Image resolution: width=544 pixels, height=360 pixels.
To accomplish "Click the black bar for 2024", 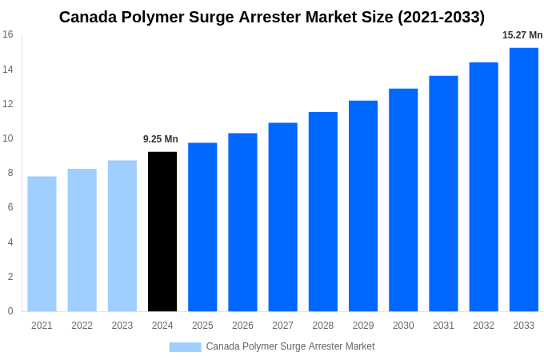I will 162,231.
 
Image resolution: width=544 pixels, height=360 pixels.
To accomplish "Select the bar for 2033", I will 524,179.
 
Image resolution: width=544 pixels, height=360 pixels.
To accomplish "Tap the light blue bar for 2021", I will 42,244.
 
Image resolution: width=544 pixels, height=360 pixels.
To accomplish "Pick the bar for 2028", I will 323,211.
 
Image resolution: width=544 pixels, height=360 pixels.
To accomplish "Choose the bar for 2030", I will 403,200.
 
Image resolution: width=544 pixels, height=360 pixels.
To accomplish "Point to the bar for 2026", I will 242,222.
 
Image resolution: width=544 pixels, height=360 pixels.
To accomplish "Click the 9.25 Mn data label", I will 161,139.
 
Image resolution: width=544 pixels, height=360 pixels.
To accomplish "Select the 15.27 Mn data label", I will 522,35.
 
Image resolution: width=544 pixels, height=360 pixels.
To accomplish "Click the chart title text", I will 272,17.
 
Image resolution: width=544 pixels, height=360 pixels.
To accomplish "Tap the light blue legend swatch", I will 185,346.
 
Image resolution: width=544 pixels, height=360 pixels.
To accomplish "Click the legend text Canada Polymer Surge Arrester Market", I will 290,346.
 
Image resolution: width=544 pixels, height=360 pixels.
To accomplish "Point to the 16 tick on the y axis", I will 8,34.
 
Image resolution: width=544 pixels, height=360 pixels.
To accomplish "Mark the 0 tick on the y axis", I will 10,311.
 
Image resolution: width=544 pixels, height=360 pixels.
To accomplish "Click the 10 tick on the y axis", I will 8,138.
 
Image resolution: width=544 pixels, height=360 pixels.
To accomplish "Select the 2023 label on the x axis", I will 122,326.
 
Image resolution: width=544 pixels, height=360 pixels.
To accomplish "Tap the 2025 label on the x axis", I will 202,326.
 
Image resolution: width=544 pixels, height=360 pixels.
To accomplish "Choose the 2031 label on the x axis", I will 443,326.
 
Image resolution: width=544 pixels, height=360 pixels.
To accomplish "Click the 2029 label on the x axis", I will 363,326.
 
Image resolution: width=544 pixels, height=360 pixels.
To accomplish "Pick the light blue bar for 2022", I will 82,240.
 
